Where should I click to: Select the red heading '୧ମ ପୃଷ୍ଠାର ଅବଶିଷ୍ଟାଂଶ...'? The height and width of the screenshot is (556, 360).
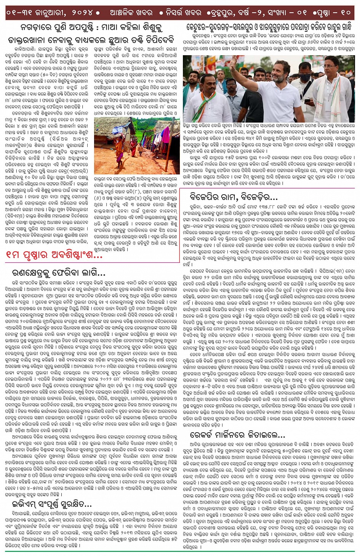coord(54,255)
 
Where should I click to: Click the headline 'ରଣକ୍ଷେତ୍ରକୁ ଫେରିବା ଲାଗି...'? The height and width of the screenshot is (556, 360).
coord(59,273)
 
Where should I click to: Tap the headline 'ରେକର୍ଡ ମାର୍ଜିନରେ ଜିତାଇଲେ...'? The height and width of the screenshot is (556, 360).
coord(237,435)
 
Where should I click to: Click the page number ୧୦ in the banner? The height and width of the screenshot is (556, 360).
coord(346,13)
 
